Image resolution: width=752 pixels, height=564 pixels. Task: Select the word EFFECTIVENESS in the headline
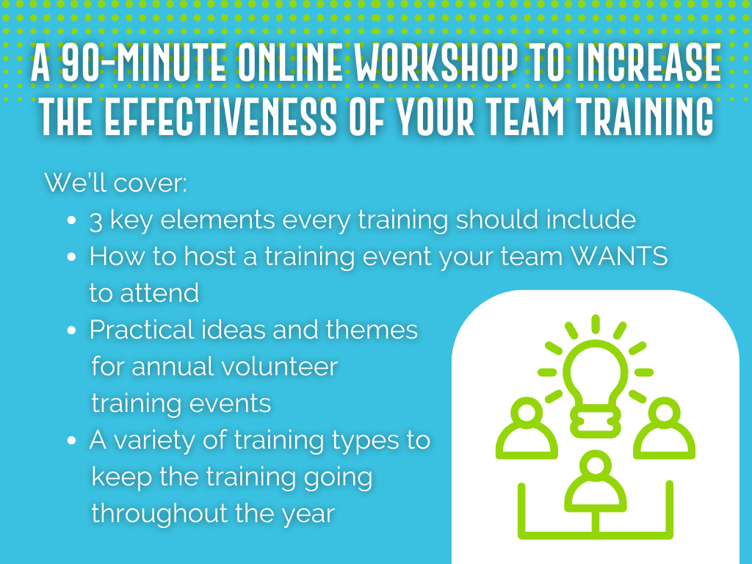(x=220, y=117)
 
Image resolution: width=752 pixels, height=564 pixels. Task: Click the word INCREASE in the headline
(x=648, y=63)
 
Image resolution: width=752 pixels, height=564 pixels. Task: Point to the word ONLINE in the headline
(x=290, y=63)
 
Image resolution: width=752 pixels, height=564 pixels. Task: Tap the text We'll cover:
(x=115, y=183)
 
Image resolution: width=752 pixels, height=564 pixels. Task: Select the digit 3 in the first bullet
(x=96, y=221)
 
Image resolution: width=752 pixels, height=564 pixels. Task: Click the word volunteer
(x=280, y=366)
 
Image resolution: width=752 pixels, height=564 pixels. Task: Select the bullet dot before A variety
(x=72, y=441)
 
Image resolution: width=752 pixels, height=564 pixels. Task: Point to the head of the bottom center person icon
(x=596, y=465)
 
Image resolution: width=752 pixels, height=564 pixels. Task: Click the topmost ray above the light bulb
(x=595, y=324)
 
